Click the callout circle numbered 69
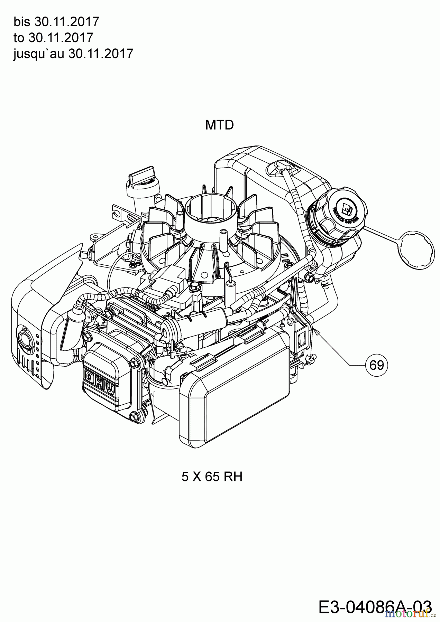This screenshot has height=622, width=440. (x=377, y=365)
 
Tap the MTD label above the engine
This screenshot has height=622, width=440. (x=219, y=125)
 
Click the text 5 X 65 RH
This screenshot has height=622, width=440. (x=212, y=477)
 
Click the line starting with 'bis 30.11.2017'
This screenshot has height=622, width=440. (x=56, y=22)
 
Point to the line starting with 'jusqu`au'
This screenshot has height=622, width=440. (x=73, y=54)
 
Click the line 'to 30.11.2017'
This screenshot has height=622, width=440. (x=53, y=38)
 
